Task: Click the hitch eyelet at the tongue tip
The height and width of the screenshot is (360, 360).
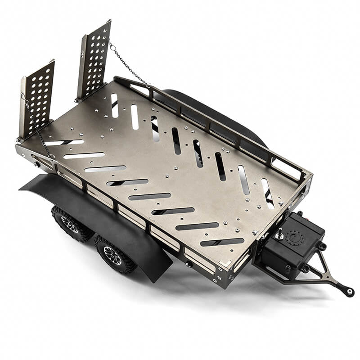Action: pos(349,291)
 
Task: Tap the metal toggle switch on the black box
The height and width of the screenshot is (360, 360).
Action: pos(280,234)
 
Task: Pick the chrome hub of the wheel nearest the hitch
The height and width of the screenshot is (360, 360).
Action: pos(112,255)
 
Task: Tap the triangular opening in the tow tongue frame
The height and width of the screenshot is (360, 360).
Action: pos(323,270)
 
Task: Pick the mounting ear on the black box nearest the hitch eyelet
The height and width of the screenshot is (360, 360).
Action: pos(321,246)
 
